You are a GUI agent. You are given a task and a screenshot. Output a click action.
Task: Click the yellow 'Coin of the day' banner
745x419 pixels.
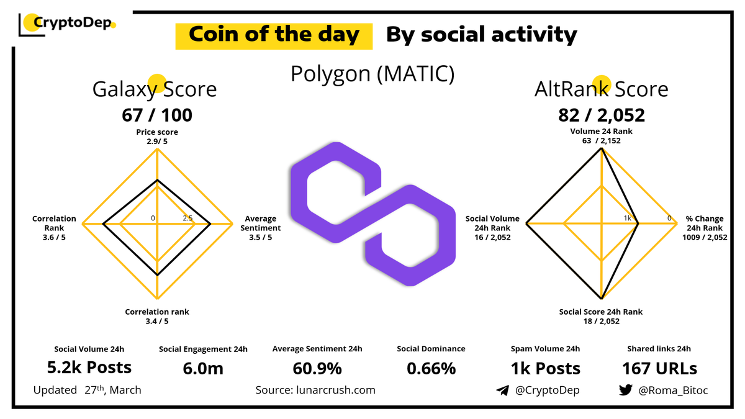(274, 35)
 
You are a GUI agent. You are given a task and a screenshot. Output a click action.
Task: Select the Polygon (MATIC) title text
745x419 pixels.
(372, 74)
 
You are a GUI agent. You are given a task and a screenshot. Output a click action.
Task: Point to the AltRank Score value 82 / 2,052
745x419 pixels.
(602, 115)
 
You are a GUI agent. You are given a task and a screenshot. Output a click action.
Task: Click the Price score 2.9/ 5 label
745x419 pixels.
(157, 137)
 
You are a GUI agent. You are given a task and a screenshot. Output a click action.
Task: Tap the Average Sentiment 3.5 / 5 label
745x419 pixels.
(260, 228)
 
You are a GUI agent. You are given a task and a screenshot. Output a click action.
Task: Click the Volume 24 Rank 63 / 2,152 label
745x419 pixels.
(601, 136)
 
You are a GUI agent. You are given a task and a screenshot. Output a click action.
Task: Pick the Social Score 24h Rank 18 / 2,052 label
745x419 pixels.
(601, 317)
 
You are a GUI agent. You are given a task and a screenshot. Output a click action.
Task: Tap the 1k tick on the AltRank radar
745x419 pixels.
(628, 218)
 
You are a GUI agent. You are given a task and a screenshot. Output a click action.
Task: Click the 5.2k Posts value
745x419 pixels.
(89, 367)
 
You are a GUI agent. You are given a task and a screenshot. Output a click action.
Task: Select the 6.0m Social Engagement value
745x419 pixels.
(203, 368)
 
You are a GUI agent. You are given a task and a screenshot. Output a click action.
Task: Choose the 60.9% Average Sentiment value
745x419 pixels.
(317, 368)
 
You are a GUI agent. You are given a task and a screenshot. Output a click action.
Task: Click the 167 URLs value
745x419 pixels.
(659, 368)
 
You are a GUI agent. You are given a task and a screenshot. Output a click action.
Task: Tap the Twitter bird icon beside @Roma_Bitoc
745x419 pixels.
(626, 390)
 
